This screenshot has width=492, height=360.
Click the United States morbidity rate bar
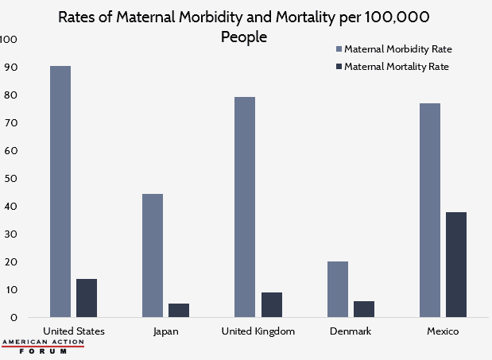(60, 191)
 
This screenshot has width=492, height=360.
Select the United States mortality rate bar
(87, 298)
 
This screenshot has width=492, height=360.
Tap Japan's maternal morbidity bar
(153, 255)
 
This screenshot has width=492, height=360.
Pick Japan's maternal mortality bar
(179, 310)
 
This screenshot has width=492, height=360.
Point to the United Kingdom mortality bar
(272, 304)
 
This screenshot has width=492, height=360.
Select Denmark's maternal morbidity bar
(338, 289)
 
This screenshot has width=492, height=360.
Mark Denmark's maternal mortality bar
(364, 309)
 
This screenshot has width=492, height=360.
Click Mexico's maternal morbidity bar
(430, 210)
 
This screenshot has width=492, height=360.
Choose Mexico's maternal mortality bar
(456, 265)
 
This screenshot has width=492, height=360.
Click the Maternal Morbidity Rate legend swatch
(338, 49)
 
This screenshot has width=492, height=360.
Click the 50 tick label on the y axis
(10, 178)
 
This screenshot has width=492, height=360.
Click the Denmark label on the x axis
(351, 331)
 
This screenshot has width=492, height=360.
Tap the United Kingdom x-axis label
(258, 331)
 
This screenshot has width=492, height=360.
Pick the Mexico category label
(444, 331)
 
